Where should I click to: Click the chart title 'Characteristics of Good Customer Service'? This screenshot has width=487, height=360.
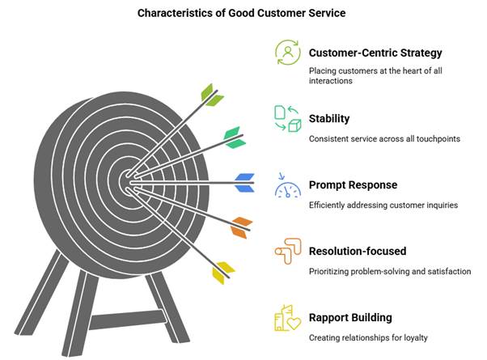(x=241, y=13)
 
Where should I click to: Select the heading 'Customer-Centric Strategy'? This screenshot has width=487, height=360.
(x=375, y=53)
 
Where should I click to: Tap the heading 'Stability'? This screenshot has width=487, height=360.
(x=329, y=118)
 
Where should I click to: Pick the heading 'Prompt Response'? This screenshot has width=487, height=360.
(x=353, y=184)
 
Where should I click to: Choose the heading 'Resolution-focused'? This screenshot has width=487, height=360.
(x=358, y=251)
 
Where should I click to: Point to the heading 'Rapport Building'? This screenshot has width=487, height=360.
(x=350, y=317)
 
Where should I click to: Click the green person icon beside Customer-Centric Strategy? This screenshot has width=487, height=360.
(x=288, y=53)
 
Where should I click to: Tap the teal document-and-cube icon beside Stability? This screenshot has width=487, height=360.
(x=288, y=119)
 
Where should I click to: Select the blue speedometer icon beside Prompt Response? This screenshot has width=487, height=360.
(x=288, y=185)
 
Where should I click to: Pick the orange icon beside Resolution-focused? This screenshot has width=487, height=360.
(x=288, y=252)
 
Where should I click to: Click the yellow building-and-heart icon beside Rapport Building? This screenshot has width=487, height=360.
(x=288, y=318)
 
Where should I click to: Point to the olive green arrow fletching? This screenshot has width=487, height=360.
(x=212, y=95)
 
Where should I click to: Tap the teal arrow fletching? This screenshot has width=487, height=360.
(x=235, y=138)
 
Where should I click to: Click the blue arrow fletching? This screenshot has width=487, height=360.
(x=245, y=183)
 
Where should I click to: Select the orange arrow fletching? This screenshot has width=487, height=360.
(x=241, y=227)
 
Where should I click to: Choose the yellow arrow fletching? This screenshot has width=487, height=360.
(x=223, y=273)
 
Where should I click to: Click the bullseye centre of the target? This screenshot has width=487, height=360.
(x=128, y=183)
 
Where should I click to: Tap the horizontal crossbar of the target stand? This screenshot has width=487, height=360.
(x=128, y=320)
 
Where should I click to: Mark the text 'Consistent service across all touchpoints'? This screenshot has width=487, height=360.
(x=384, y=139)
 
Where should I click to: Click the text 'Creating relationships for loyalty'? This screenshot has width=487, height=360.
(x=368, y=337)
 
